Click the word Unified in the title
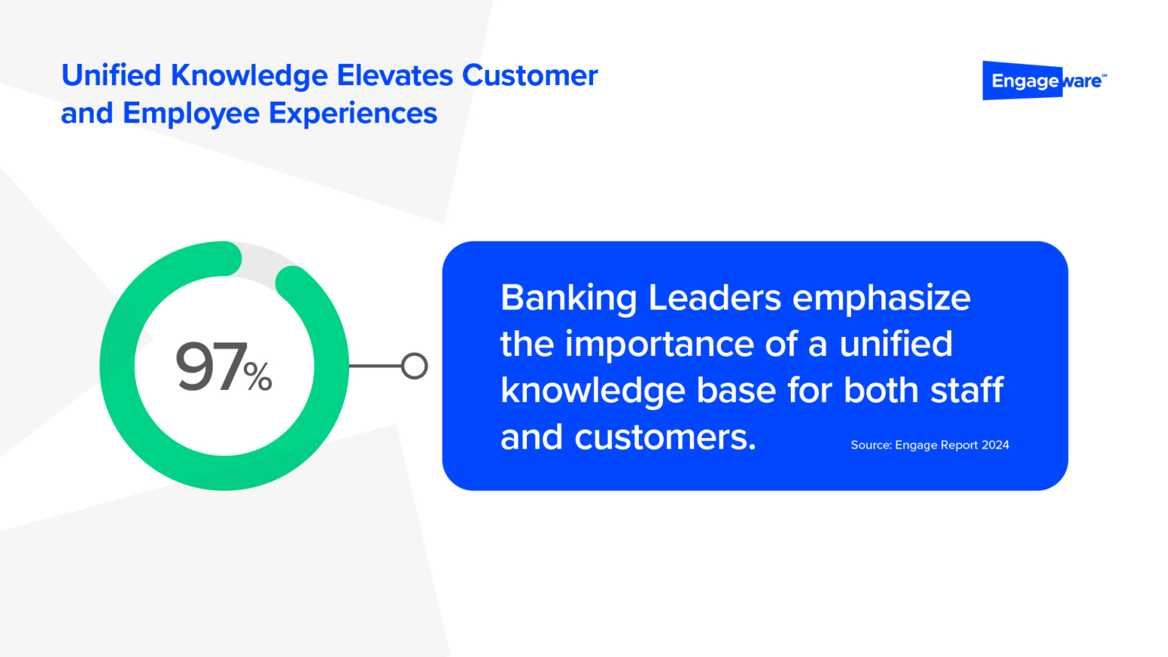click(111, 75)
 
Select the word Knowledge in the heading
click(249, 75)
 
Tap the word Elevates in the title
click(395, 75)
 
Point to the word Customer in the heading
click(530, 75)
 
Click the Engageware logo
click(1044, 81)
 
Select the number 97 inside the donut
click(211, 367)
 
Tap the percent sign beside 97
click(259, 375)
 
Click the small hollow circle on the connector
click(414, 366)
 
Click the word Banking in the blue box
click(568, 297)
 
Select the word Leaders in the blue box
click(714, 297)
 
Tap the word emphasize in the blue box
click(881, 297)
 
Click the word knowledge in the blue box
click(593, 391)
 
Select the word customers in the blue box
click(665, 437)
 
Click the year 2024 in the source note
click(995, 445)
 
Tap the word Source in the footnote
click(871, 445)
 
